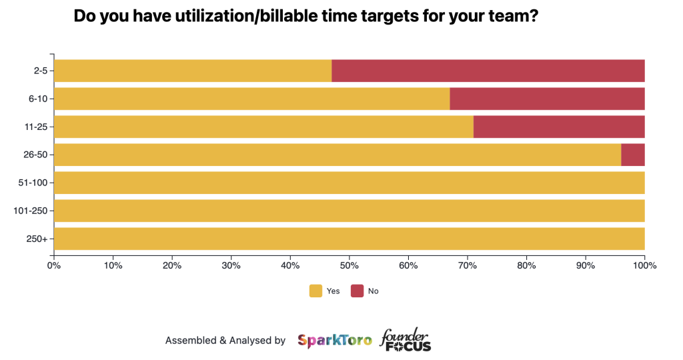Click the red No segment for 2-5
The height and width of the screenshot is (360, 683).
tap(488, 71)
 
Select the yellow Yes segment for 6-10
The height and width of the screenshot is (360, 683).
tap(251, 99)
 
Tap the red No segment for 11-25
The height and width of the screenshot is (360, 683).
tap(559, 127)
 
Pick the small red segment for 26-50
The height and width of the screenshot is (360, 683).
tap(633, 155)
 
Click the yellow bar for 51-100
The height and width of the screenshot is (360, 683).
tap(349, 183)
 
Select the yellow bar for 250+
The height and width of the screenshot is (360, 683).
tap(349, 239)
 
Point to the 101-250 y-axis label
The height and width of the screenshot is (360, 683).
tap(31, 211)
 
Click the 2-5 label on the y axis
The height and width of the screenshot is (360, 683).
tap(39, 71)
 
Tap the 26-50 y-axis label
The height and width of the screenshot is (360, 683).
tap(35, 155)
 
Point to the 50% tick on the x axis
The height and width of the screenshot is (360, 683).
tap(349, 265)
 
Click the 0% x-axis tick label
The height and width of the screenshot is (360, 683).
tap(54, 265)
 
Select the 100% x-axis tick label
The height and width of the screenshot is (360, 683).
tap(645, 265)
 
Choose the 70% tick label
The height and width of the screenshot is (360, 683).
tap(467, 265)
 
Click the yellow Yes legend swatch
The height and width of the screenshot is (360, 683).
tap(315, 291)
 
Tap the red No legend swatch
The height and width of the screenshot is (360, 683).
tap(357, 291)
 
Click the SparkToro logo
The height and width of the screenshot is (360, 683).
tap(335, 341)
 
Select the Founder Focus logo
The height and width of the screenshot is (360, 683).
tap(406, 340)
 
